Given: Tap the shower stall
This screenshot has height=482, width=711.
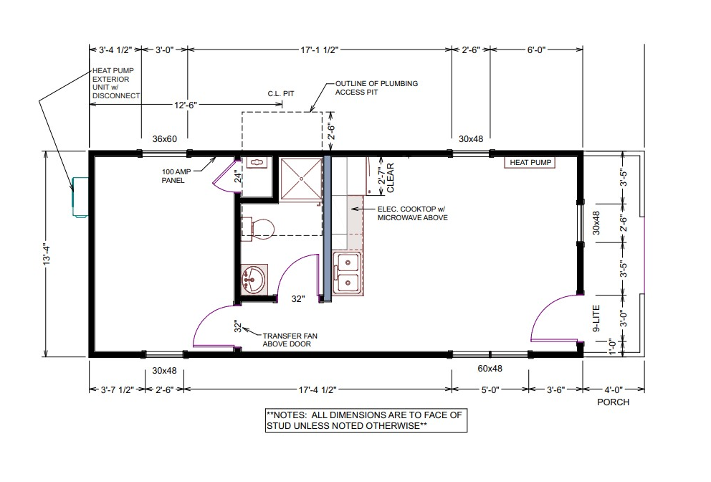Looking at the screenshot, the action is (300, 179).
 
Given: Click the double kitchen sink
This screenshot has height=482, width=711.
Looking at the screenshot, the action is (348, 274).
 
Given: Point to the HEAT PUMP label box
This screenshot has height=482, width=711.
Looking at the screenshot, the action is (530, 163).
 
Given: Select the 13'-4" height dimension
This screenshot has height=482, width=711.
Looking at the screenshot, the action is (47, 254).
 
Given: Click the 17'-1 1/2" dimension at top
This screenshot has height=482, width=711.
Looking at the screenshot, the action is (319, 50).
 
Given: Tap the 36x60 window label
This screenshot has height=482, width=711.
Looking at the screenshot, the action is (165, 139).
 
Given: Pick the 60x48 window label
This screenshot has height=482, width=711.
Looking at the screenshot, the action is (490, 369).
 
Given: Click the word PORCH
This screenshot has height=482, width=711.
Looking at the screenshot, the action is (613, 402).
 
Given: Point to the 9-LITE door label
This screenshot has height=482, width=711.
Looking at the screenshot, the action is (596, 318).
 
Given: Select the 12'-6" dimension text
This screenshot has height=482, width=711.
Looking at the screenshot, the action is (186, 105).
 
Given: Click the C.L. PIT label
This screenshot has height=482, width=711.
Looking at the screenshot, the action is (281, 93).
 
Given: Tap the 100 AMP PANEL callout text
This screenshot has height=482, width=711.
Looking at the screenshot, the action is (176, 176).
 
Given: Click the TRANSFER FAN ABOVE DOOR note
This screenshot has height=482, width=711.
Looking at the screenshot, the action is (290, 340).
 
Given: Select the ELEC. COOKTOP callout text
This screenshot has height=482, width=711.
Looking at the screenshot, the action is (412, 213).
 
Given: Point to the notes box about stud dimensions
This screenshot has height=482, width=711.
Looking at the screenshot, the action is (366, 420).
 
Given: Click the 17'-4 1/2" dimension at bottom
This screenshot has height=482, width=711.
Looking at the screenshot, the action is (318, 389).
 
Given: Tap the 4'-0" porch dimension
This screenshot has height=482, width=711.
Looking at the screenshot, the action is (614, 389).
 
